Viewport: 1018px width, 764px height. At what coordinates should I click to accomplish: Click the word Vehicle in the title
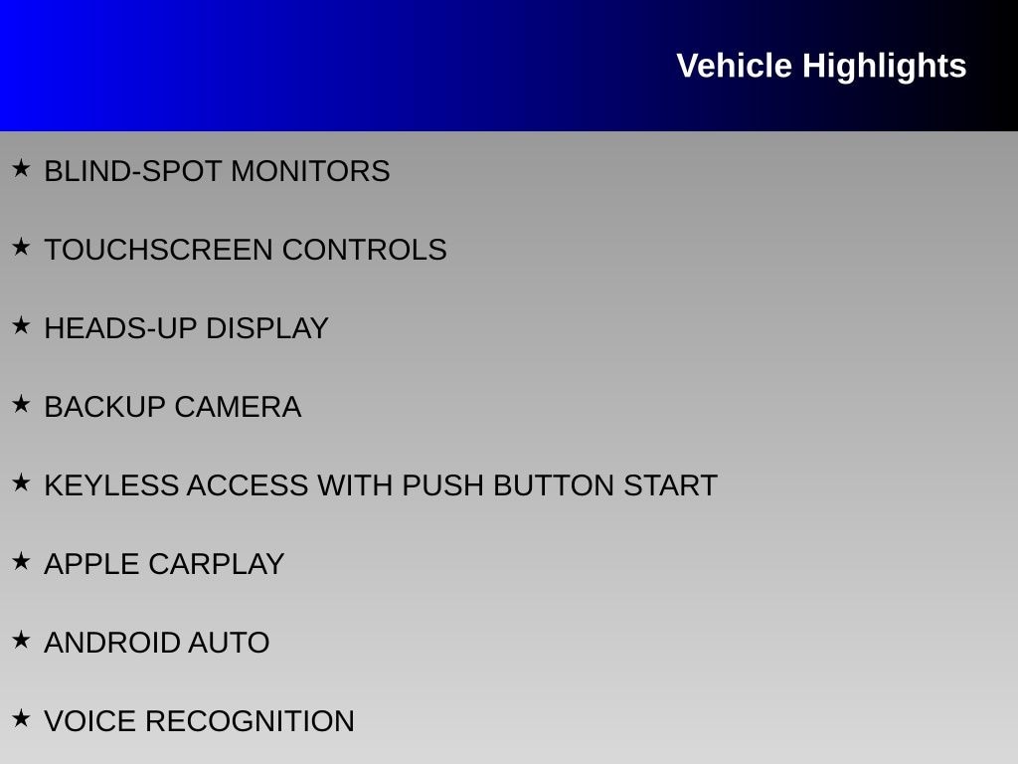coord(734,66)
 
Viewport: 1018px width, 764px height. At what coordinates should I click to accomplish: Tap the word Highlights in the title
coord(884,67)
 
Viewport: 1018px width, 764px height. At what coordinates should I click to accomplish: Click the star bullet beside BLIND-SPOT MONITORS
coord(22,168)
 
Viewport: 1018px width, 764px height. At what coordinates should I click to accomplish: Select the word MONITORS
coord(310,171)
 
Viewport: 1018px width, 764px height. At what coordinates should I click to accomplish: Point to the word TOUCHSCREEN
coord(158,250)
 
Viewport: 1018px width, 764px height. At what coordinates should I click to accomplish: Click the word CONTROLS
coord(364,250)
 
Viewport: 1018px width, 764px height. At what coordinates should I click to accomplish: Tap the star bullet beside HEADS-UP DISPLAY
coord(22,325)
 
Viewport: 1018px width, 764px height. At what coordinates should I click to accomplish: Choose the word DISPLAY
coord(266,328)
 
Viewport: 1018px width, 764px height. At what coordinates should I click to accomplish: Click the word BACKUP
coord(105,407)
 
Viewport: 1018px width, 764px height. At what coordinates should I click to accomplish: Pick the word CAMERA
coord(238,407)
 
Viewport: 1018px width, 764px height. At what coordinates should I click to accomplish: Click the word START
coord(670,485)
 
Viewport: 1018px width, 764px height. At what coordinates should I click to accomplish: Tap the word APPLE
coord(92,565)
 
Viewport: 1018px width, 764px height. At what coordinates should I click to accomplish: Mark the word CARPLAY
coord(216,565)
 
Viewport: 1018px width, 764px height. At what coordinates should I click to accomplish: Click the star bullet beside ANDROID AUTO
coord(22,640)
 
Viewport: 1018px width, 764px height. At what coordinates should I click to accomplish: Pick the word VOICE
coord(90,722)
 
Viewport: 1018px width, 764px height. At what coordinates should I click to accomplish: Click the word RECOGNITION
coord(250,722)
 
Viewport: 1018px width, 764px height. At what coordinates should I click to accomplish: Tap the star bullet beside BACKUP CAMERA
coord(22,404)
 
